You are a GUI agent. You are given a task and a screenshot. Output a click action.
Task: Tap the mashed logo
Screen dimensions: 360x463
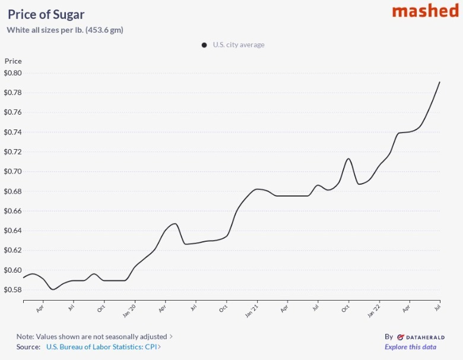coord(425,11)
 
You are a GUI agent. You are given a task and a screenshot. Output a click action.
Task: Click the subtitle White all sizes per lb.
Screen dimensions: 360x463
coord(65,30)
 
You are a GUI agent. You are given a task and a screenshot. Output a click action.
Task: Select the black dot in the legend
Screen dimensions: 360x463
coord(204,45)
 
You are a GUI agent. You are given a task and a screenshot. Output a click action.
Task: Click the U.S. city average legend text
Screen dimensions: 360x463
coord(239,45)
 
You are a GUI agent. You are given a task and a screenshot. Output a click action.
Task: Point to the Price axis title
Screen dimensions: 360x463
coord(13,61)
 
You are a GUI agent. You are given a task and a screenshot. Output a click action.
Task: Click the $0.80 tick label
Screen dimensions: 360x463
coord(12,73)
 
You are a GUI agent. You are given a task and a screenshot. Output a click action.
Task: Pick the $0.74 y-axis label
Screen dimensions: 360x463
coord(12,132)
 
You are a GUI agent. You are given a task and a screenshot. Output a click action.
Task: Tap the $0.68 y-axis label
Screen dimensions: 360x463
coord(12,191)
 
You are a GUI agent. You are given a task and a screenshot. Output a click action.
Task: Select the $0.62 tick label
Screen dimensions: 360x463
coord(12,250)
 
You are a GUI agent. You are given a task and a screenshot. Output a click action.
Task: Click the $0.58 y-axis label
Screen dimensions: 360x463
coord(12,290)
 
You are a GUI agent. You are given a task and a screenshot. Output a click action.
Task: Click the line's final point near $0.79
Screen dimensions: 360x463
coord(439,82)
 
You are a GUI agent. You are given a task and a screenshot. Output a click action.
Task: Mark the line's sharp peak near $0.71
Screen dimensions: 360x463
coord(348,159)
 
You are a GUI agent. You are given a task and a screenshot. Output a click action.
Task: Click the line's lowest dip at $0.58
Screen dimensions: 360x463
coord(53,289)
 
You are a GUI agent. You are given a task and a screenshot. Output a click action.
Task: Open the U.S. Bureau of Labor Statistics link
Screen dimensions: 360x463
coord(102,347)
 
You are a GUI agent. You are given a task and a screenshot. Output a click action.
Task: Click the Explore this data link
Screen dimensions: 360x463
coord(410,347)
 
